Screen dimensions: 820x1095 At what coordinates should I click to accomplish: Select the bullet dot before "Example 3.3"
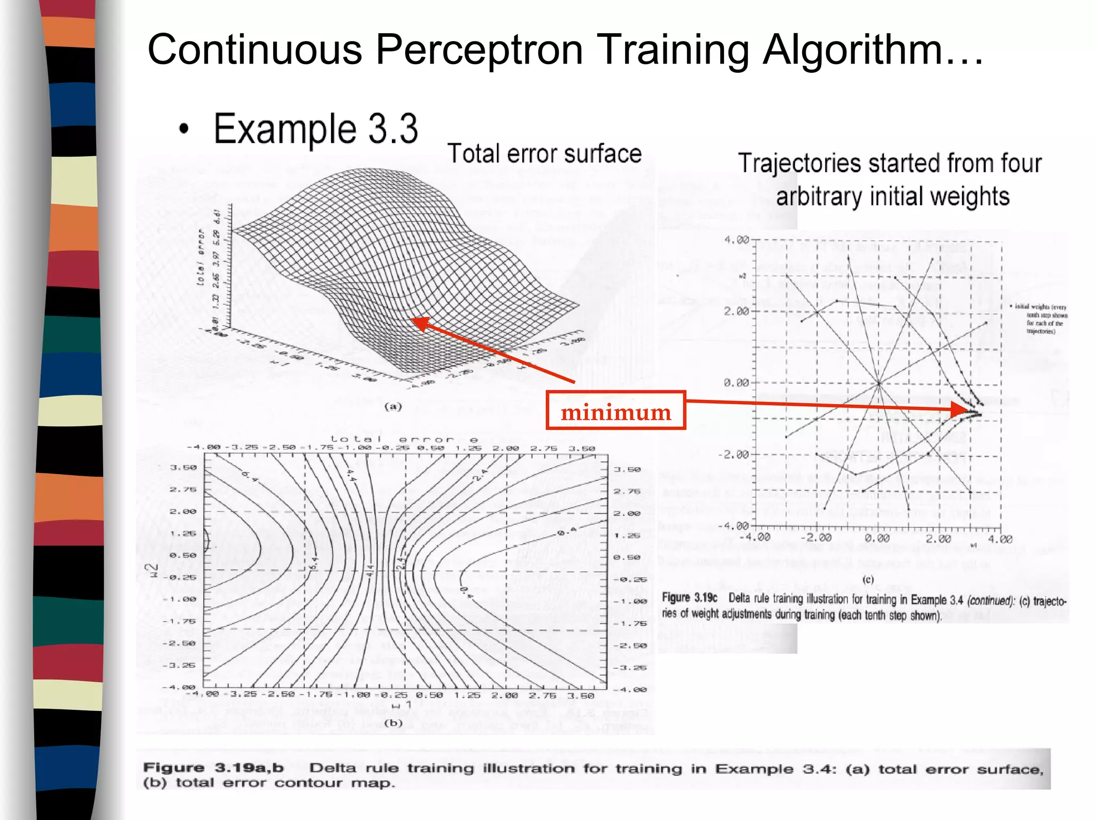(x=184, y=129)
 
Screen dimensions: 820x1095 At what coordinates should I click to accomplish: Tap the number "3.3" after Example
(x=393, y=129)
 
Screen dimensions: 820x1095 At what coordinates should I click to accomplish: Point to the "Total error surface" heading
(x=544, y=154)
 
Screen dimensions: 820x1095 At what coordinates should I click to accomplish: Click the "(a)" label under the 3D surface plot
(x=393, y=406)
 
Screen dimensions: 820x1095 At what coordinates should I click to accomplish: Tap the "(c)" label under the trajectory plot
(x=867, y=579)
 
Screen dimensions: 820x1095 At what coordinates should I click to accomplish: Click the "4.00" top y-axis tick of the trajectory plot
(x=736, y=239)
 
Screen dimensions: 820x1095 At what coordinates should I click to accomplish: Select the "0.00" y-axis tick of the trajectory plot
(x=736, y=383)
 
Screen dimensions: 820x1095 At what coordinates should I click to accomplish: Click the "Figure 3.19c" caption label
(x=689, y=598)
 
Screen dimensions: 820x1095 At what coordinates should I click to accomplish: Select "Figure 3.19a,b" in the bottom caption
(x=213, y=768)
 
